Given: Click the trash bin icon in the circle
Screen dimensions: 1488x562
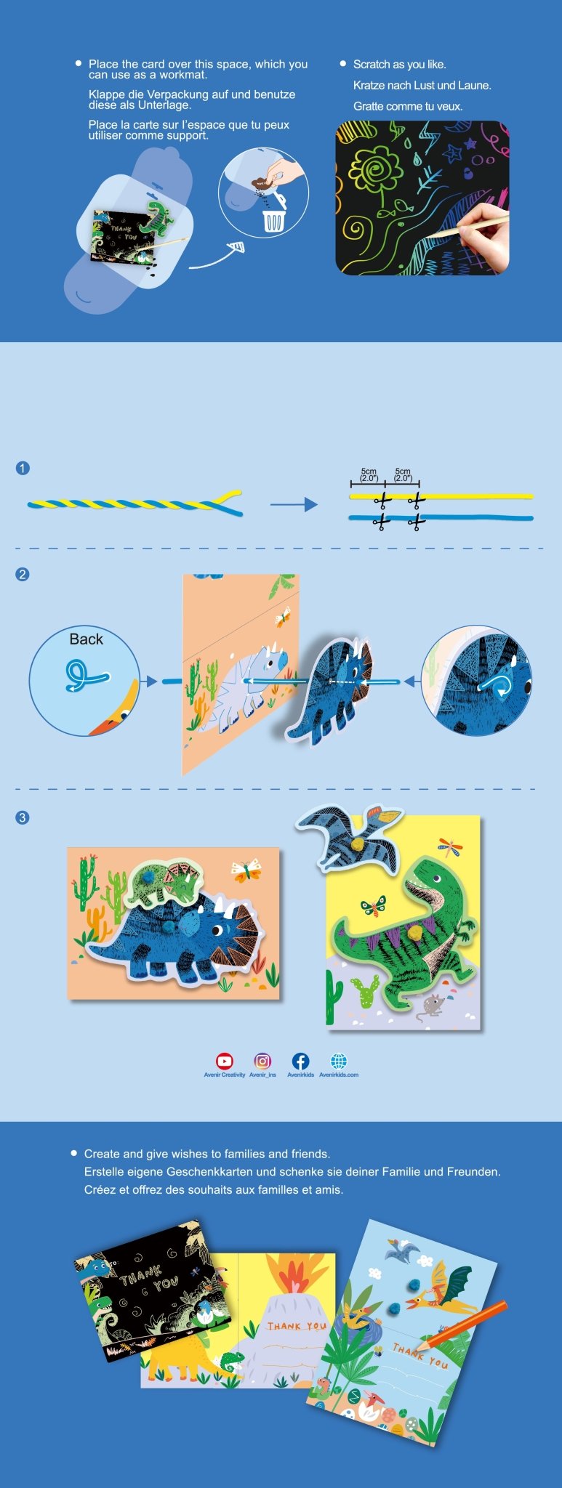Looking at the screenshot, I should pos(273,220).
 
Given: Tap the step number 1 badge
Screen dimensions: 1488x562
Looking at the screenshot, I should pos(23,468).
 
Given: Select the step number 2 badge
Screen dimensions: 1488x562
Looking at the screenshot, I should pos(23,574).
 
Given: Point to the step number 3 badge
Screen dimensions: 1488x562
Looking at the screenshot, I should pos(23,817).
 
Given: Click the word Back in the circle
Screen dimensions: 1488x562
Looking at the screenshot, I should pos(86,639).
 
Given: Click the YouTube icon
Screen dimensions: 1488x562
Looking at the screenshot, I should pos(225,1061).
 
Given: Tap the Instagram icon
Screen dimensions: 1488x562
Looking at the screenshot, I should pos(262,1061).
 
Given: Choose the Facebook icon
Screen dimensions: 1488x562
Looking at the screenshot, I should pos(300,1061).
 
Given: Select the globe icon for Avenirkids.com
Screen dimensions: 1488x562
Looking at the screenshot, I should pos(339,1061).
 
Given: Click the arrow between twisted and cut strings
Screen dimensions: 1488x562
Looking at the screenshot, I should pos(294,504).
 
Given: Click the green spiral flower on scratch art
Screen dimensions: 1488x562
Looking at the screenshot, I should pos(376,168).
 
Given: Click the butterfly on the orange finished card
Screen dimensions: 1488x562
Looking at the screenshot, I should pos(246,869).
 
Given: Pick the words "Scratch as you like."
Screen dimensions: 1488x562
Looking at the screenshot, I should pos(399,65).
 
